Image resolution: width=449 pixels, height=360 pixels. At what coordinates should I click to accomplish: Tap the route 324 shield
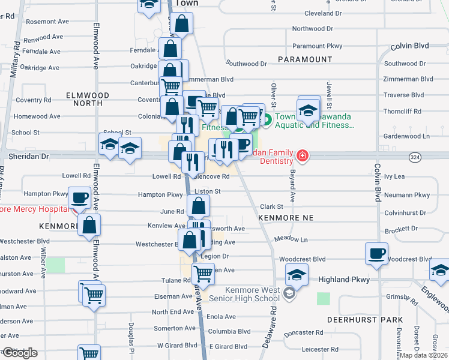[415, 156]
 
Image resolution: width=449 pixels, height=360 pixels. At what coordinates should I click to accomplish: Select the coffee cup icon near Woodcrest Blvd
[377, 253]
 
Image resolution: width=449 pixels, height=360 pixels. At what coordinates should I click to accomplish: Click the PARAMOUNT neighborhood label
[305, 59]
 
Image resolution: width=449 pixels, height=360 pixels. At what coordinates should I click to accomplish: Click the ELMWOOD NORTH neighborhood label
[88, 99]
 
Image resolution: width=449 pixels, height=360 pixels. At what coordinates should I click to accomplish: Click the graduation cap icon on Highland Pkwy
[297, 275]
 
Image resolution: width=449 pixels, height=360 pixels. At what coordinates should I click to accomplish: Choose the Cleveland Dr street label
[322, 13]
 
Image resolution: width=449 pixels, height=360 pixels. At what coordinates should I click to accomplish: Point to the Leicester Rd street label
[321, 349]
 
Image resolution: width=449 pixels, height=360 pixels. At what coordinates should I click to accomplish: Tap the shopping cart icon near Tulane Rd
[203, 274]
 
